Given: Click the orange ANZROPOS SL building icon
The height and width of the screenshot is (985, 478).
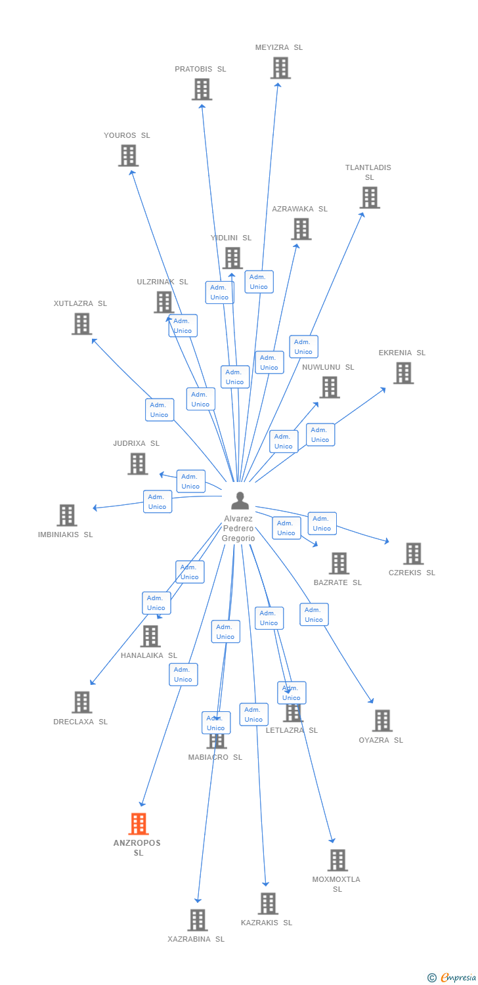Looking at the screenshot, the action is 139,823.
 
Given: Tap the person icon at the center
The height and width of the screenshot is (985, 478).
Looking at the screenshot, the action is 240,500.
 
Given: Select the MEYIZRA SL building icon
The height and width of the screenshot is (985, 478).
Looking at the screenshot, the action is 280,68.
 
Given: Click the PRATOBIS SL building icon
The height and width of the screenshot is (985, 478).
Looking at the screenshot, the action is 202,89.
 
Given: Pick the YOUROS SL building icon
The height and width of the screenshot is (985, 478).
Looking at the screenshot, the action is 128,156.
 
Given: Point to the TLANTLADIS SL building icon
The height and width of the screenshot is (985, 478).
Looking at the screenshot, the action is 370,198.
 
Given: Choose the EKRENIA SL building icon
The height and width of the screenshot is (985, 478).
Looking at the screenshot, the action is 403,373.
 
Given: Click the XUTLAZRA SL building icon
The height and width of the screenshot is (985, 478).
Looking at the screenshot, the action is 81,324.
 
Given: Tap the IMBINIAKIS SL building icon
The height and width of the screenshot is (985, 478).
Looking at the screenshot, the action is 66,515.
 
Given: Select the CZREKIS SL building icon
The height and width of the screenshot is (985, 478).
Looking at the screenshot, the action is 413,554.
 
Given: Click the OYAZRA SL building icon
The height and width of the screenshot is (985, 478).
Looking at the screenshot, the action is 382,720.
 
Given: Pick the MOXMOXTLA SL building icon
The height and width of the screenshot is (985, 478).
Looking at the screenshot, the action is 337,860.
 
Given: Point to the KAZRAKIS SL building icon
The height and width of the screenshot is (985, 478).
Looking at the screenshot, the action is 268,904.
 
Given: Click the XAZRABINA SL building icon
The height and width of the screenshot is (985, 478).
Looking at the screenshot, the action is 198,920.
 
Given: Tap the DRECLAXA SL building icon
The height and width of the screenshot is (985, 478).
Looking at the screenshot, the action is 81,702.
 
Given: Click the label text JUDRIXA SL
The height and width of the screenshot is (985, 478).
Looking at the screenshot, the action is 136,443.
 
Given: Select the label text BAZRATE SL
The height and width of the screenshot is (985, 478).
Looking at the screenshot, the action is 337,582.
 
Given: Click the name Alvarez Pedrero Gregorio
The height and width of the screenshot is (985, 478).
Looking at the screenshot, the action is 238,529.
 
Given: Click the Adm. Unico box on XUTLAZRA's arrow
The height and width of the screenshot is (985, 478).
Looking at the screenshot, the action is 160,410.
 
